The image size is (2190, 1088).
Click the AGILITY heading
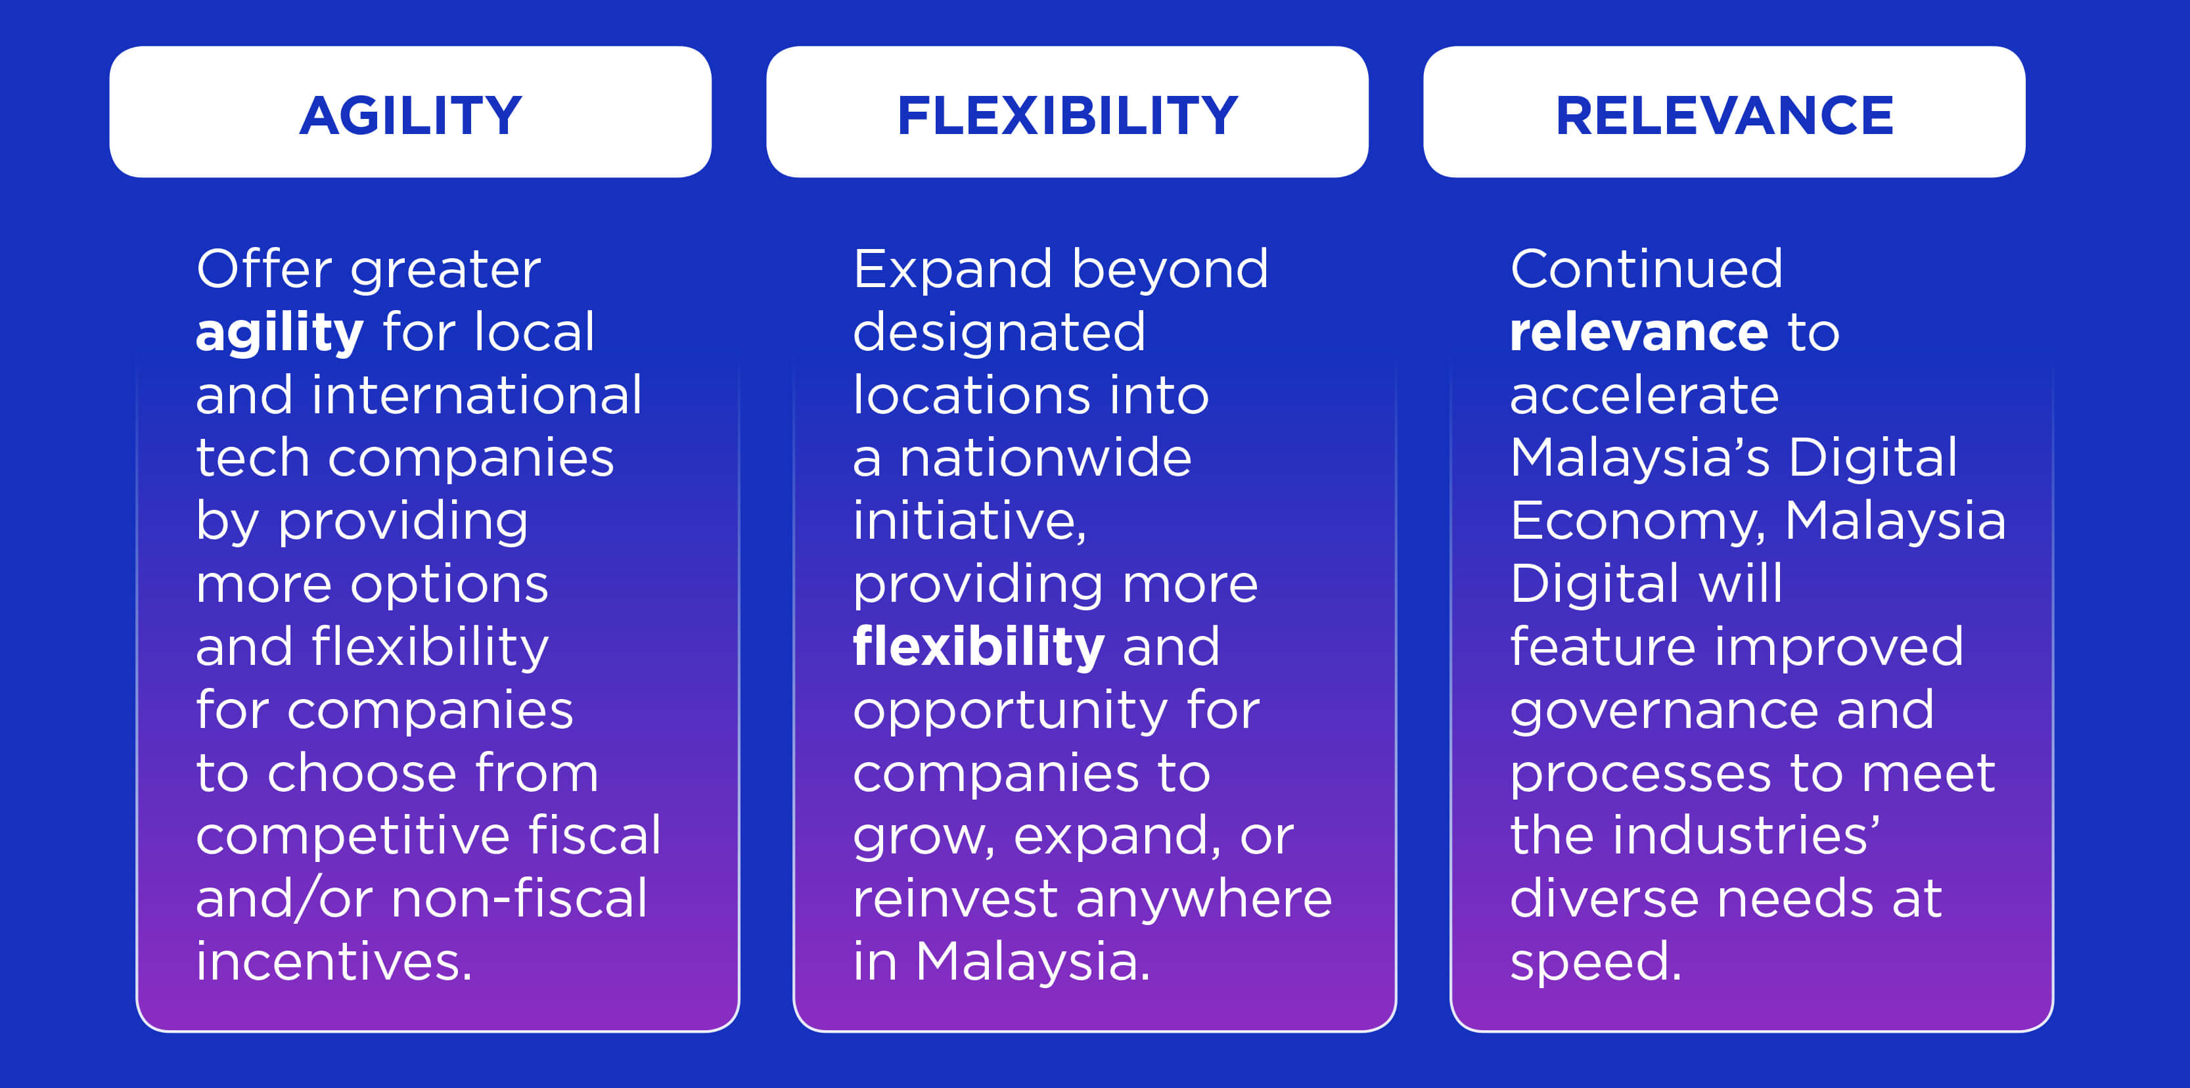411,115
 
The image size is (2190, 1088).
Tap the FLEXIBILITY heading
1068,115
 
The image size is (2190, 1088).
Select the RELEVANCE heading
1724,115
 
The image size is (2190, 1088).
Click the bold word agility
280,333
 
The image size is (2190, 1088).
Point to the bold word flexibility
978,648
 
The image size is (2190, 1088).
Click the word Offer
263,269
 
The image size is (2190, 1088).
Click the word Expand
952,270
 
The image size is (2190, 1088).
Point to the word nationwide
1045,458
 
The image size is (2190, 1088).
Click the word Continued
1646,269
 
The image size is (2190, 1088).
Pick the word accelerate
1644,397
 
